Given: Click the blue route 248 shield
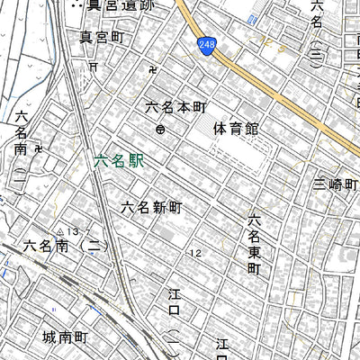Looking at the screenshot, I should tap(207, 46).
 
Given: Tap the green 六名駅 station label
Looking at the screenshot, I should tap(118, 162).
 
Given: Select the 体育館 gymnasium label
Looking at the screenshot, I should tap(236, 129).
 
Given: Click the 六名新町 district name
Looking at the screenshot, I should tap(152, 207).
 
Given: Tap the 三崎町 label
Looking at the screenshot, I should tap(336, 184).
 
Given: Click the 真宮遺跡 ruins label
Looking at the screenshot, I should tap(111, 4).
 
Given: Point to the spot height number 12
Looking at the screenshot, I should tap(194, 253).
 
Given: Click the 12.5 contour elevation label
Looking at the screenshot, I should tap(194, 253).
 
